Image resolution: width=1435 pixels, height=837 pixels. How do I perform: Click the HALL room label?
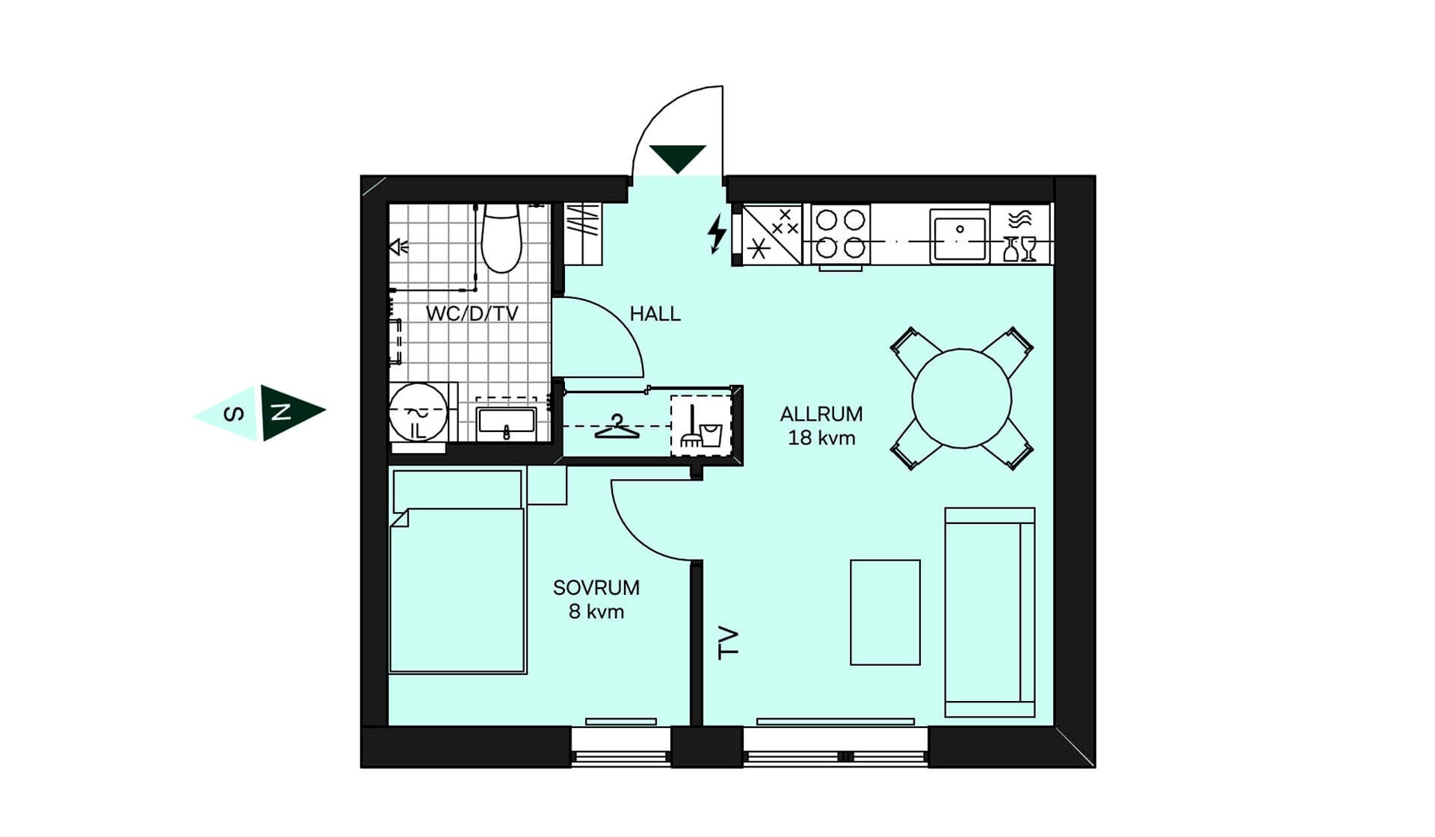tap(655, 314)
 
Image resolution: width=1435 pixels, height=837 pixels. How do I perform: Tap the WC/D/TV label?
tap(472, 314)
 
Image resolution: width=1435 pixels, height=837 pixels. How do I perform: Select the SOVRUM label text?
tap(596, 587)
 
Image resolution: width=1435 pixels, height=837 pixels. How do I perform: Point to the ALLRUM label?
tap(821, 414)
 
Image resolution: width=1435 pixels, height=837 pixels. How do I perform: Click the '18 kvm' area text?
tap(821, 438)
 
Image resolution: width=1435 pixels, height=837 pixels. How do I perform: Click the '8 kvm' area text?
tap(596, 611)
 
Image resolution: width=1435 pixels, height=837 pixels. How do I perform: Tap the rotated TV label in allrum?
tap(728, 643)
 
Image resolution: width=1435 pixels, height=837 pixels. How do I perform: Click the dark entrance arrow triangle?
tap(677, 157)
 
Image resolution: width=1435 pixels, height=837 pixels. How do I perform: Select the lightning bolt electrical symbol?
tap(717, 234)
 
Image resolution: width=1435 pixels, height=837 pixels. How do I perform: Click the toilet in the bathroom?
tap(501, 238)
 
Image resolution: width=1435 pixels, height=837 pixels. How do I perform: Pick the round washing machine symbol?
tap(418, 412)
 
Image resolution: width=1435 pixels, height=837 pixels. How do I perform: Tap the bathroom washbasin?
tap(507, 422)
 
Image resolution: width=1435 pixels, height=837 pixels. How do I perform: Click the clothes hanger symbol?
tap(617, 427)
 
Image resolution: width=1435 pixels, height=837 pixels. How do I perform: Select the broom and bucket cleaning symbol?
tap(701, 427)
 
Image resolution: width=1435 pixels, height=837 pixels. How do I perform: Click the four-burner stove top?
tap(841, 234)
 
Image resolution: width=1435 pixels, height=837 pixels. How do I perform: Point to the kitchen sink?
tap(960, 235)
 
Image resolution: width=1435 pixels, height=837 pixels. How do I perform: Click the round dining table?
tap(962, 398)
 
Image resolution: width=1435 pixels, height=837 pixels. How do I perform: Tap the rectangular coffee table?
tap(885, 612)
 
